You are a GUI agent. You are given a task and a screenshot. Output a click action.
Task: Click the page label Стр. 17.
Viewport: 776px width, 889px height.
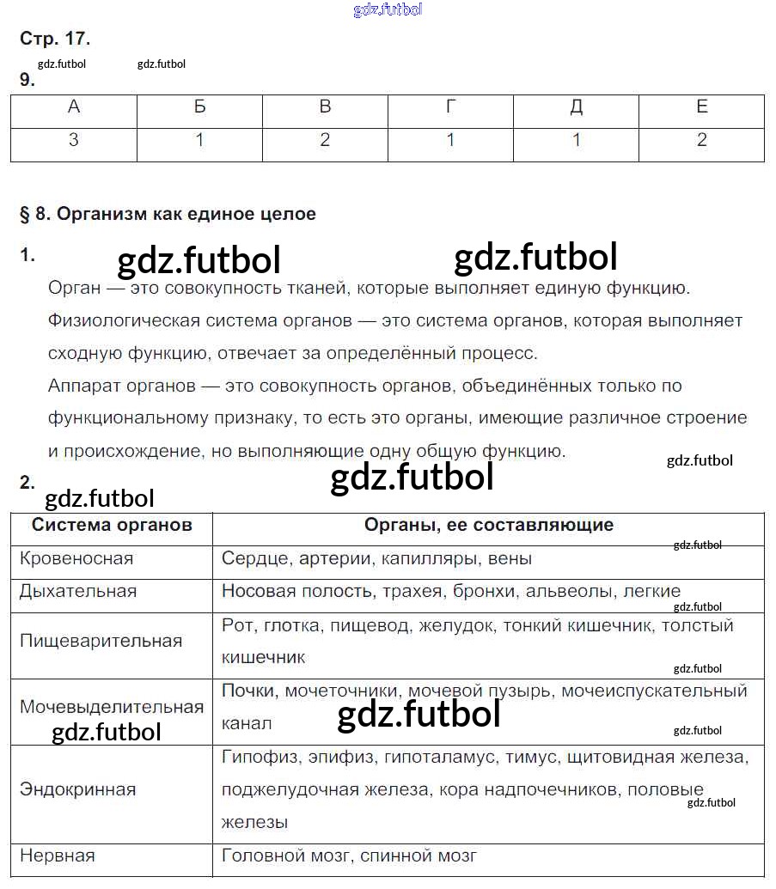click(54, 39)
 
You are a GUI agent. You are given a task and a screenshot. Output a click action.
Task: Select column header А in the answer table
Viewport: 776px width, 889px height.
click(74, 107)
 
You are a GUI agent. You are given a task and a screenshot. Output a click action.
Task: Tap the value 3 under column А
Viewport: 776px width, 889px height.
click(74, 140)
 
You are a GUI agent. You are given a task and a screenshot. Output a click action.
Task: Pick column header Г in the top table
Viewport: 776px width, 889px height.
click(450, 107)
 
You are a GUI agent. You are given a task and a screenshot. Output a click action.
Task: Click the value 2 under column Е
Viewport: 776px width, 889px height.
click(702, 140)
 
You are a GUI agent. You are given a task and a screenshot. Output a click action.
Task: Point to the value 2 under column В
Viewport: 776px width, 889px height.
click(325, 140)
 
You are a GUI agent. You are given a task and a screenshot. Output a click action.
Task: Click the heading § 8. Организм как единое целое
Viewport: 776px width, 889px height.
click(168, 214)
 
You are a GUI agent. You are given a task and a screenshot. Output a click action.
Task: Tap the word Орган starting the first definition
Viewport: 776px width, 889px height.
click(76, 288)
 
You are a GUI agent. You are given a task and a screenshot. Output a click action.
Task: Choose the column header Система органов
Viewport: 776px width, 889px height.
click(112, 525)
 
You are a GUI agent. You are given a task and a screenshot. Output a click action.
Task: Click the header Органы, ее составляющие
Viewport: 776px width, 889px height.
click(488, 525)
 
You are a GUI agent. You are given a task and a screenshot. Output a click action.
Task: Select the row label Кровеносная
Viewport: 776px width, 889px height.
click(76, 558)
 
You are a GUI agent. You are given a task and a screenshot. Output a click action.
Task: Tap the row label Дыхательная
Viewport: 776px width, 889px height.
click(78, 591)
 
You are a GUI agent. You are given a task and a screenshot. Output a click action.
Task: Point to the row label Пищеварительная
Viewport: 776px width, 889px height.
click(101, 641)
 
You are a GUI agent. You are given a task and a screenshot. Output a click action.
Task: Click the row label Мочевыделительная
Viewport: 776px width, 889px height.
click(112, 707)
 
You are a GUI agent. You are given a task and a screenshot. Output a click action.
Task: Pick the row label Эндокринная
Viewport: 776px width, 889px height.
click(78, 789)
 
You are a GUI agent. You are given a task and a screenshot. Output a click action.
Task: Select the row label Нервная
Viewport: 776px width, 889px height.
click(58, 856)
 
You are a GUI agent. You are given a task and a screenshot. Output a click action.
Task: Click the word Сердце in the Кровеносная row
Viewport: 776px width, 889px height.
click(254, 558)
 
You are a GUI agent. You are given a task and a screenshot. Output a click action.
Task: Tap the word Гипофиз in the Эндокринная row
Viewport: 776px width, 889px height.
click(259, 757)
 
